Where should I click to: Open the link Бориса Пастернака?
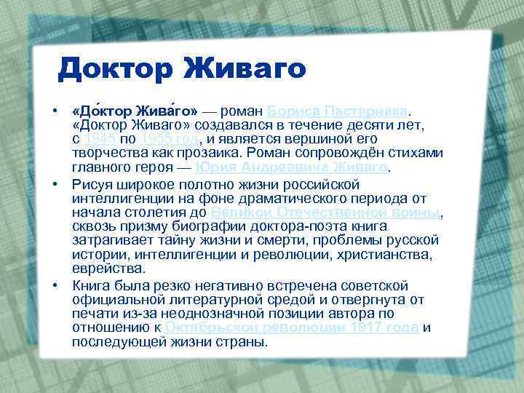[337, 111]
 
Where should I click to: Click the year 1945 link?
[98, 139]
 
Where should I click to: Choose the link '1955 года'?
[167, 139]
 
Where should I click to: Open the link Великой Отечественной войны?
[325, 212]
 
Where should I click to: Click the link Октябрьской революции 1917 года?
[292, 327]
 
